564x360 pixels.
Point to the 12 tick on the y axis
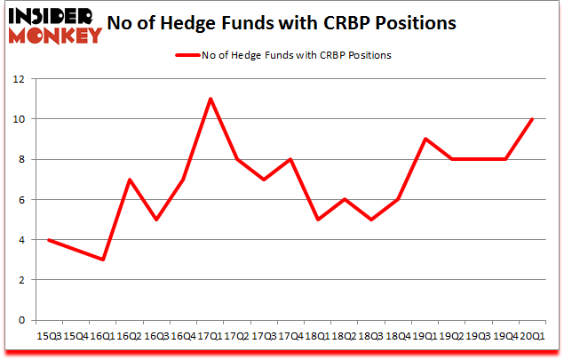coord(20,78)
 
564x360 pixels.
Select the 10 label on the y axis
coord(20,119)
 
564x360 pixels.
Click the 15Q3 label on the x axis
coord(49,335)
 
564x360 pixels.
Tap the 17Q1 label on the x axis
coord(210,335)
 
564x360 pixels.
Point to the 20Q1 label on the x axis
coord(532,335)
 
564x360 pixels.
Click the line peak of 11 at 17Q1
coord(210,99)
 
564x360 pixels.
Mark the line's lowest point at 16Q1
coord(103,260)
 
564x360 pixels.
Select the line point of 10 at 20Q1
coord(532,119)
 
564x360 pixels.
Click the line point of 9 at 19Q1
coord(425,139)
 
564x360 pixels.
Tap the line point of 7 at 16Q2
coord(130,180)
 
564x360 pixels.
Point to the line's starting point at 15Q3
coord(49,240)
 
